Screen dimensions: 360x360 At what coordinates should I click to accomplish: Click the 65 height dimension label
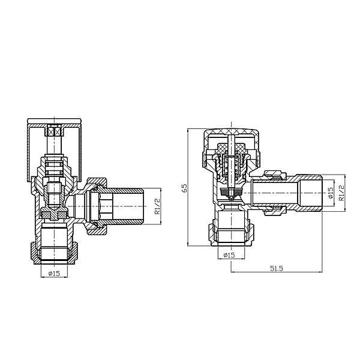[x=185, y=188]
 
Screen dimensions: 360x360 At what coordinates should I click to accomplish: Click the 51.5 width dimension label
[x=277, y=268]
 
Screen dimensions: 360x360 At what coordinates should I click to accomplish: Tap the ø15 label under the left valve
[x=54, y=274]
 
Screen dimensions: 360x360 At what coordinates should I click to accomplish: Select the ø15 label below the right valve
[x=229, y=255]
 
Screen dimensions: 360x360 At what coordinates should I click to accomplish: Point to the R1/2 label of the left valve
[x=157, y=206]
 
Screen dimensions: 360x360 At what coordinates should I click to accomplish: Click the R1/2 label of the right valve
[x=341, y=193]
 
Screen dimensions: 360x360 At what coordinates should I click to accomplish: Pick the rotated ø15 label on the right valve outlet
[x=330, y=193]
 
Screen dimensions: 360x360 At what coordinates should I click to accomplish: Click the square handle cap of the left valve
[x=54, y=149]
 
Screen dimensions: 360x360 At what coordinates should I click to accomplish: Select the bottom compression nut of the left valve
[x=54, y=253]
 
